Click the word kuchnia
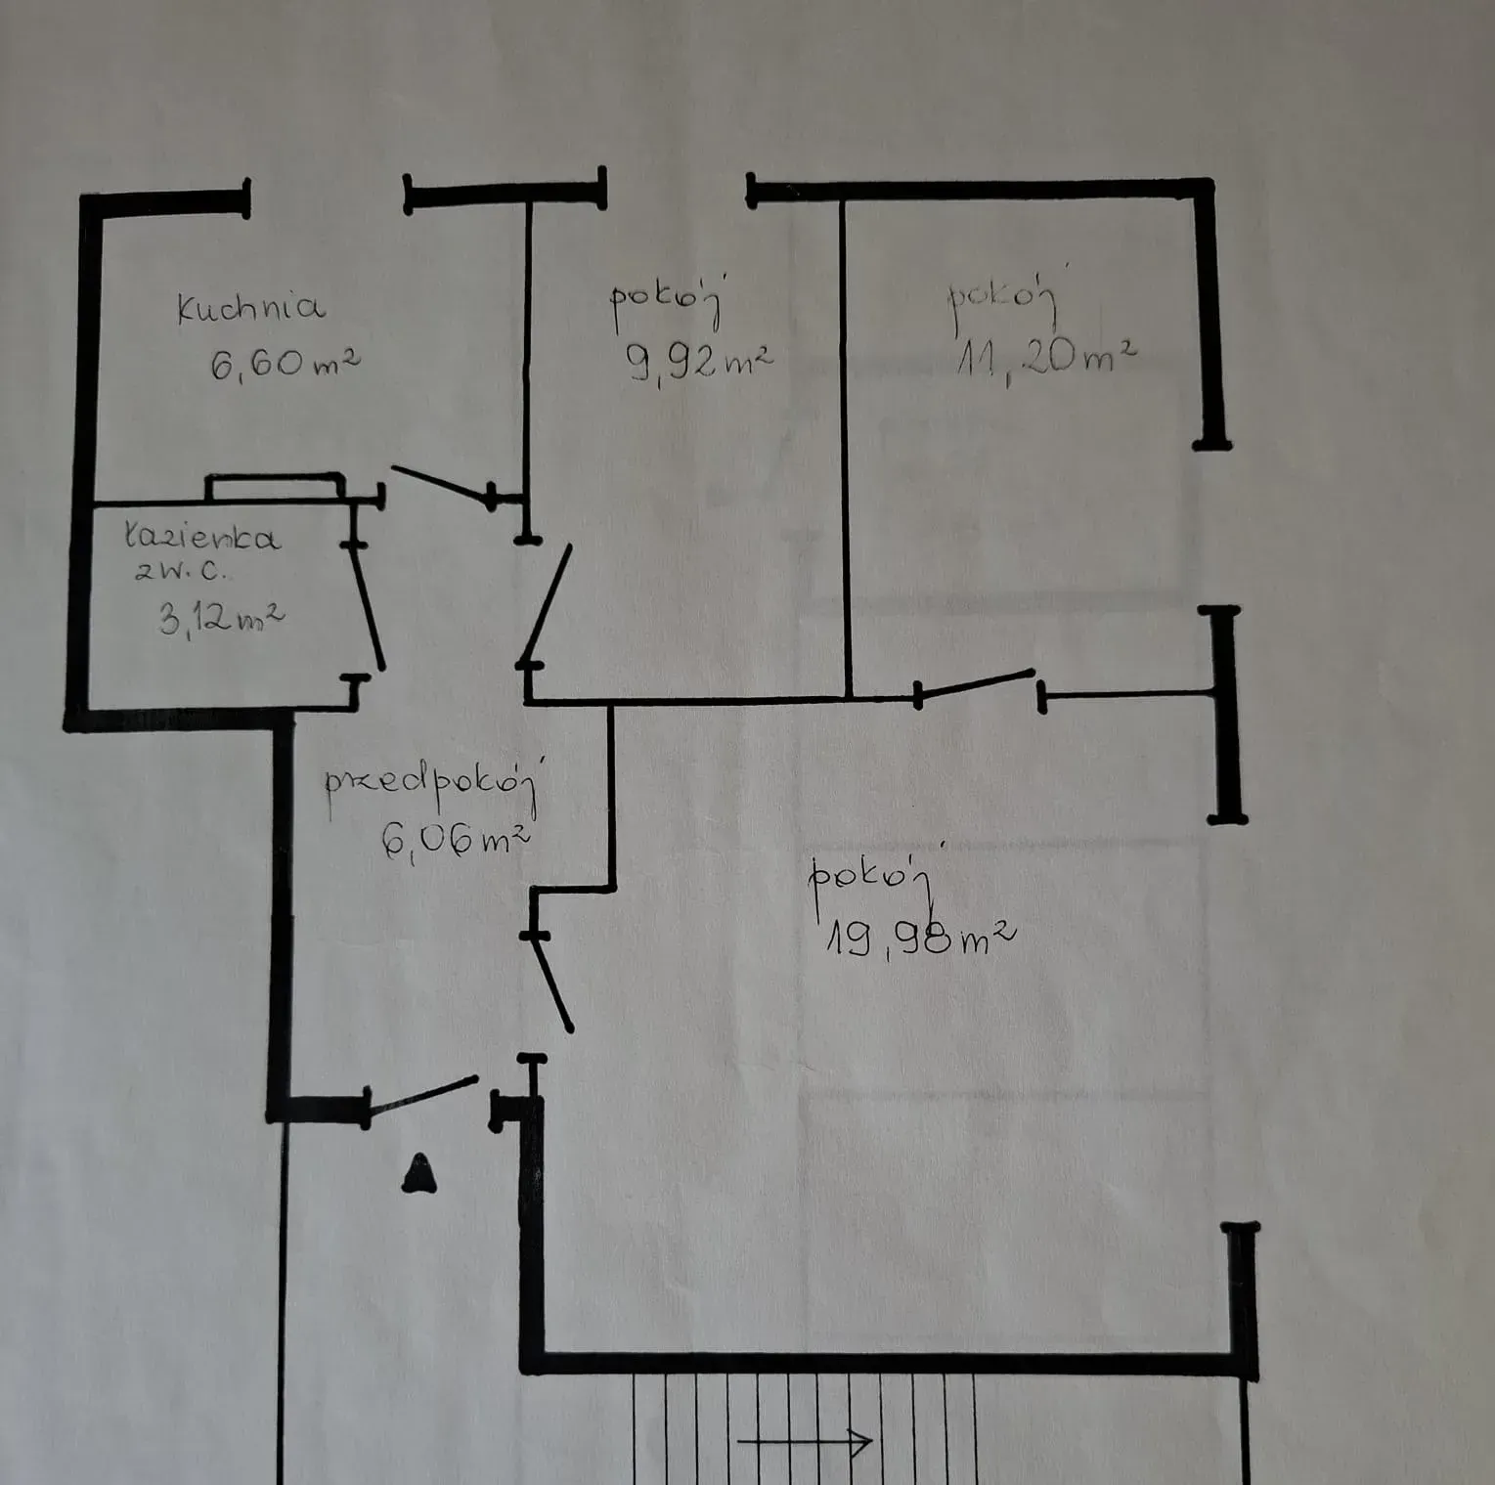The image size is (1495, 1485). (250, 307)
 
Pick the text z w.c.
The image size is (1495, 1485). (181, 572)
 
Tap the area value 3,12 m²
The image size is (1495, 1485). (222, 618)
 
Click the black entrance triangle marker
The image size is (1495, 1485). (419, 1173)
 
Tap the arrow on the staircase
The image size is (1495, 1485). (804, 1440)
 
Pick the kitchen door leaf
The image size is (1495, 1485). (442, 485)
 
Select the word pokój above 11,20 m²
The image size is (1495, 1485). (1003, 298)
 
